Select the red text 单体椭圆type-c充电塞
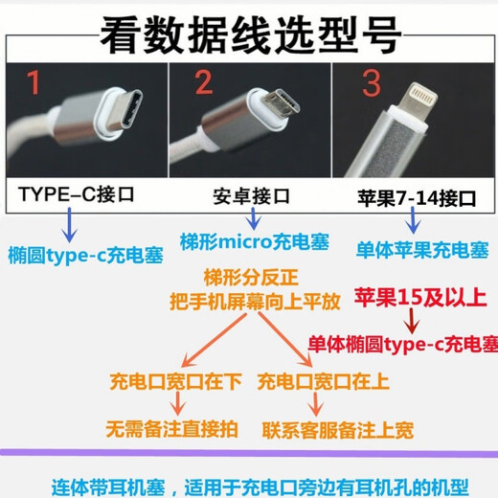coord(402,344)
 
